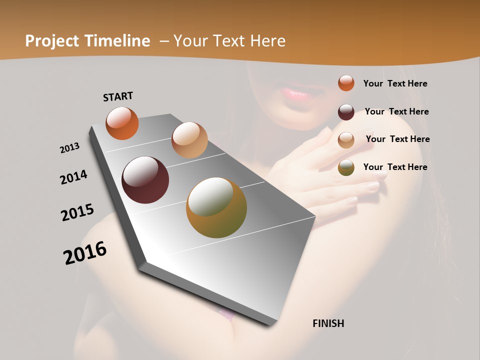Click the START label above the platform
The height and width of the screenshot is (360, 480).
118,96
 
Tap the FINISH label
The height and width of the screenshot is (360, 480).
328,323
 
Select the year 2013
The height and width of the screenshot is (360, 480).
70,148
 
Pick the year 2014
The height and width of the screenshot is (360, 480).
74,177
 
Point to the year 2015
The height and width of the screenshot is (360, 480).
77,212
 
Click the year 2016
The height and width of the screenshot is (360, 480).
85,253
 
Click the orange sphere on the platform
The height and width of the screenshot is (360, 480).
122,123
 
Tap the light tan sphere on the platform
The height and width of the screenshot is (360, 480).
189,140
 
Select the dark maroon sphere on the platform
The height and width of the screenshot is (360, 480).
145,180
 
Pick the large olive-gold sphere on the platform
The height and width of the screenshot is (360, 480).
216,207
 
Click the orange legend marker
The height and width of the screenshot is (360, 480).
346,83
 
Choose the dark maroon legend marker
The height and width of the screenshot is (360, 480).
346,111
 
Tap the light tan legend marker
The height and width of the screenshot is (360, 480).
346,139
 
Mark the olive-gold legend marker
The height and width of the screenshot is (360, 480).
346,167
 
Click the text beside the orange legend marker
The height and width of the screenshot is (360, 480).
395,83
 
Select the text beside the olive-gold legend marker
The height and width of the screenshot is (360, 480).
395,167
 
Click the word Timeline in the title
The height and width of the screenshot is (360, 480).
117,41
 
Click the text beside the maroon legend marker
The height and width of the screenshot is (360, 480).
396,111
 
